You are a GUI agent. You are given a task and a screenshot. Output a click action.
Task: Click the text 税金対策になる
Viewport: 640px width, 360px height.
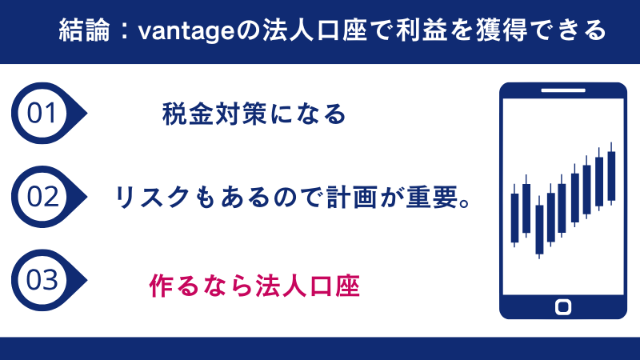coord(254,114)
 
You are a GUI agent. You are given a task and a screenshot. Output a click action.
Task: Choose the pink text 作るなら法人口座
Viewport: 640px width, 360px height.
coord(255,286)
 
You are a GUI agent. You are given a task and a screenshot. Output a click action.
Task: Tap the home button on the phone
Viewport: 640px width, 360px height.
coord(562,306)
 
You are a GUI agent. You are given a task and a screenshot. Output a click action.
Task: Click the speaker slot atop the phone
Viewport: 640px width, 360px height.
coord(562,90)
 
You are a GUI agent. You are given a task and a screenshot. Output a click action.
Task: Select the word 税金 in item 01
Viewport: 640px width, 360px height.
coord(185,114)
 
